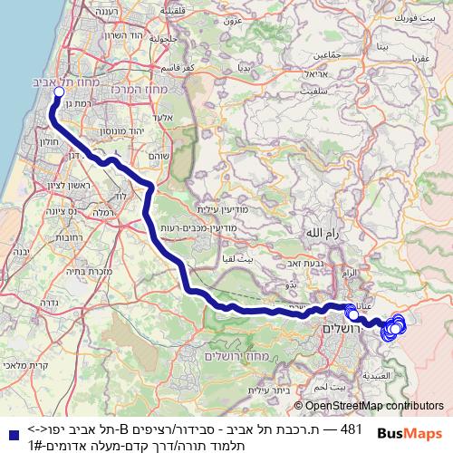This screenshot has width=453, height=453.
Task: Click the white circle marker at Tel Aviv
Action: pyautogui.click(x=59, y=92)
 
